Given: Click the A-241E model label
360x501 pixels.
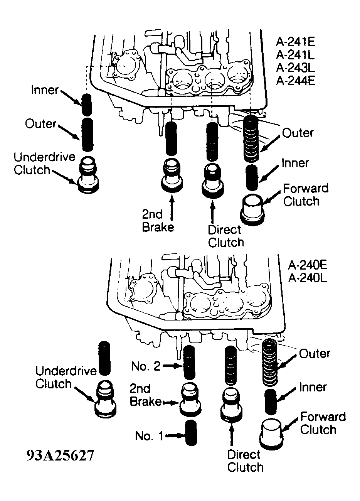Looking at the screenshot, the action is [296, 42].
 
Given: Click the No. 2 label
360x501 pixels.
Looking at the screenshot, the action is [146, 366].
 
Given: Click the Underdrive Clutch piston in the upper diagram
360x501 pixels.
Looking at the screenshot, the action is [88, 174].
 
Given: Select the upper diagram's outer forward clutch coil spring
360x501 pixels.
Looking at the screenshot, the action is [251, 139].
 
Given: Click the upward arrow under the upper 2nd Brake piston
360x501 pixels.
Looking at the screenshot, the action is [172, 207].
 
